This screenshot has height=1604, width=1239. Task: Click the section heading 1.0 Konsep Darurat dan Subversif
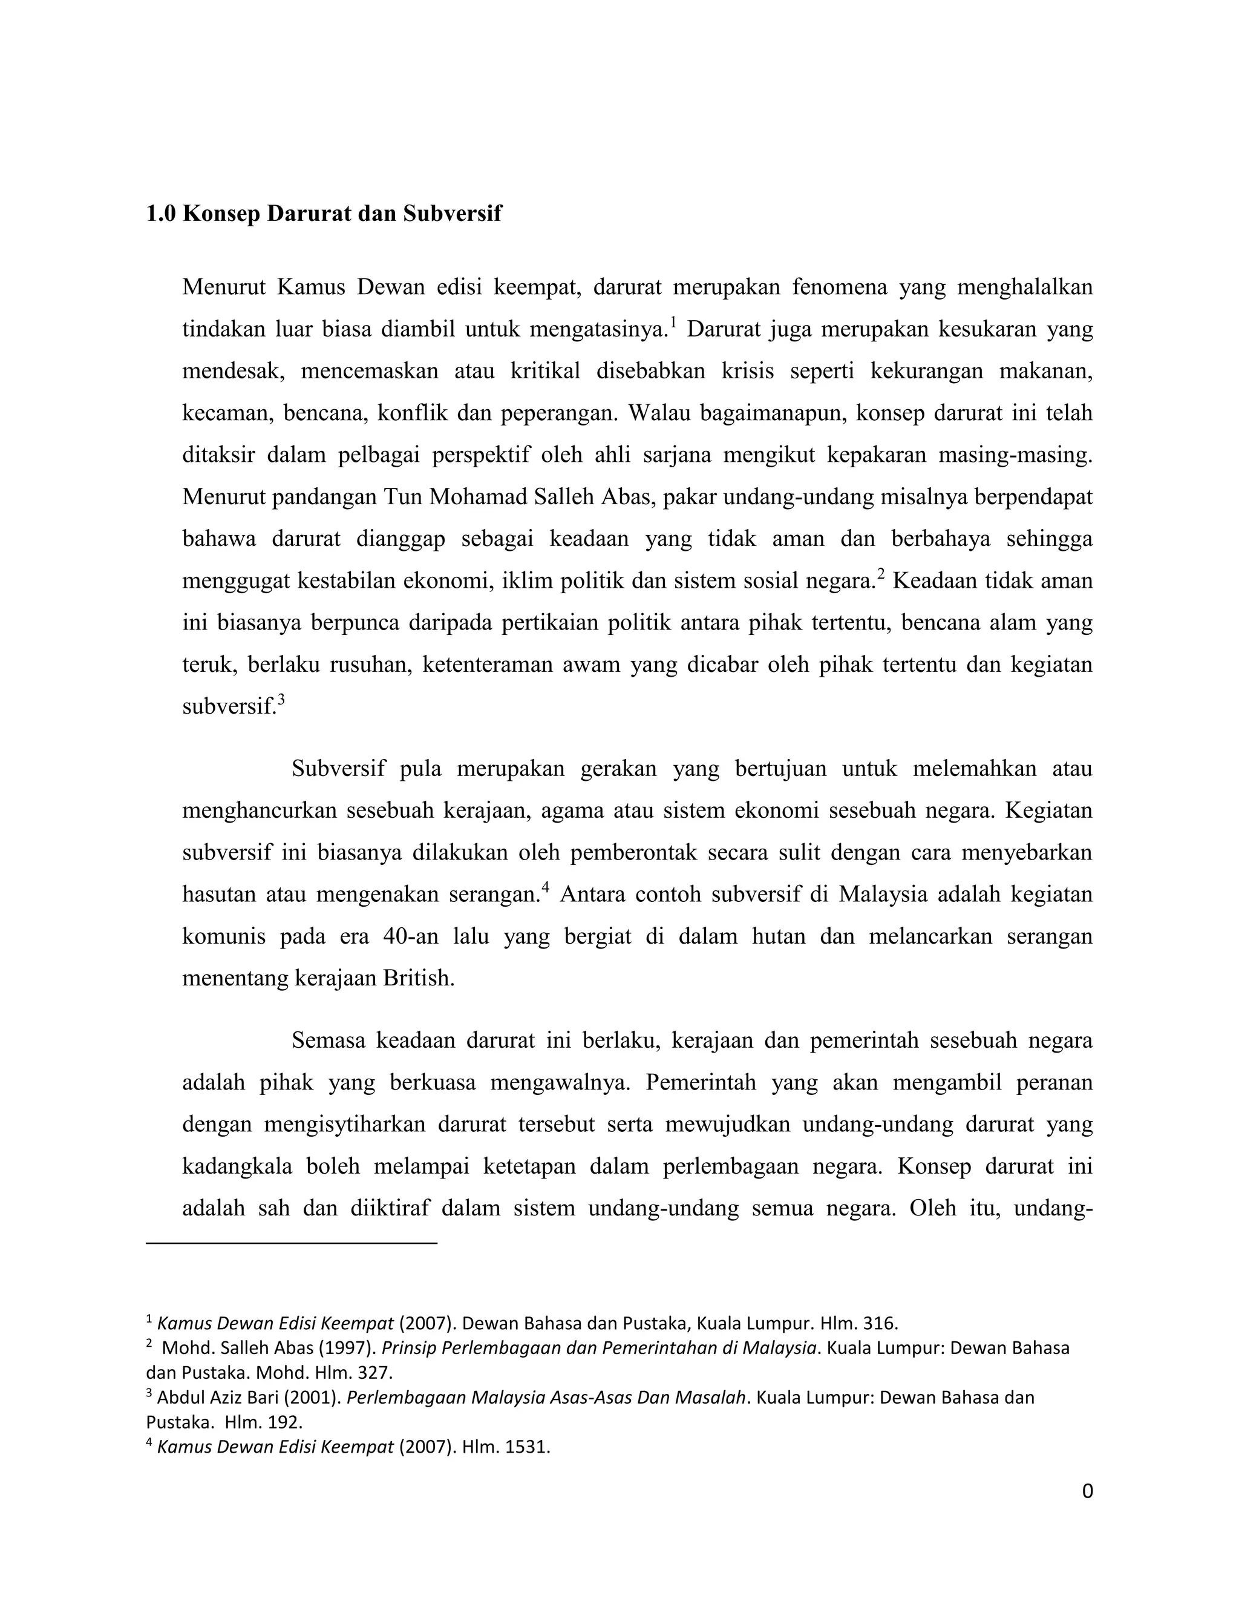click(x=324, y=214)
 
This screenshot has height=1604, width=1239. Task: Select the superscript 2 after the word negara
click(x=881, y=574)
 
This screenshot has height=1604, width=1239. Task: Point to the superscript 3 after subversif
click(x=281, y=699)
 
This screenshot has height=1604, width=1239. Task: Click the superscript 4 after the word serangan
click(x=544, y=888)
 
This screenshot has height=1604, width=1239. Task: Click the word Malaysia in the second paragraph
click(x=884, y=895)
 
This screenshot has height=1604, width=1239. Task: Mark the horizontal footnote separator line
click(x=292, y=1243)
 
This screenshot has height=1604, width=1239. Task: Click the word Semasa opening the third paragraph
click(x=327, y=1040)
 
